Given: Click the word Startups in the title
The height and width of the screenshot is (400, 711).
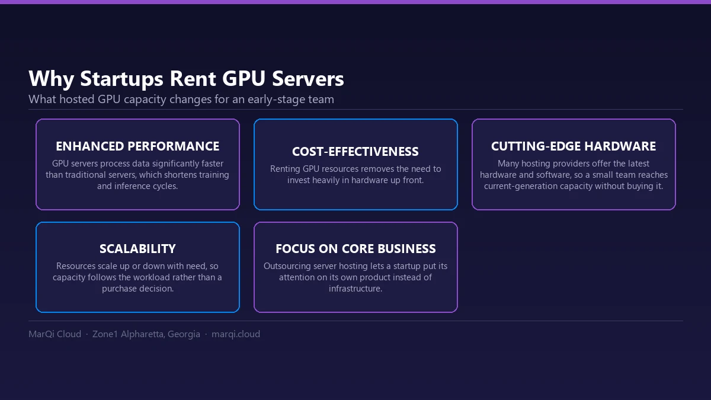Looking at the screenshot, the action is (121, 79).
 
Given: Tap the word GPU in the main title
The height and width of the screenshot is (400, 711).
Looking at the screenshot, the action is (244, 78).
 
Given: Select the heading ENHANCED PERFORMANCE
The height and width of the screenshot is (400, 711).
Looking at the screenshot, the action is (137, 146).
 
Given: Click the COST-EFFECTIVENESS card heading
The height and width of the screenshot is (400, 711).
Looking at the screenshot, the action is (355, 152).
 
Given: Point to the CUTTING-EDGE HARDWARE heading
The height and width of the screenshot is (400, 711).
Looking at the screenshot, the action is (574, 146).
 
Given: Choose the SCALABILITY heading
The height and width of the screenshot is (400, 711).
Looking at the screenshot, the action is (137, 249).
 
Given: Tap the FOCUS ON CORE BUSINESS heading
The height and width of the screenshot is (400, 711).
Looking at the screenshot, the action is (355, 249).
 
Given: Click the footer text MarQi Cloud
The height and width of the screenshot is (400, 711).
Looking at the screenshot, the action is (55, 334).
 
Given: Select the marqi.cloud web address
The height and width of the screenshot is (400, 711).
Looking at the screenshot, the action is (236, 334).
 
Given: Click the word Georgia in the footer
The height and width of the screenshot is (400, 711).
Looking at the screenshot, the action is (184, 334).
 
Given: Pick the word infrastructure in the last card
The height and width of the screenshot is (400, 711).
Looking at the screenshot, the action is (355, 289).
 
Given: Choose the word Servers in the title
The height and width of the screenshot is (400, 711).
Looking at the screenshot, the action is (308, 79).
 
